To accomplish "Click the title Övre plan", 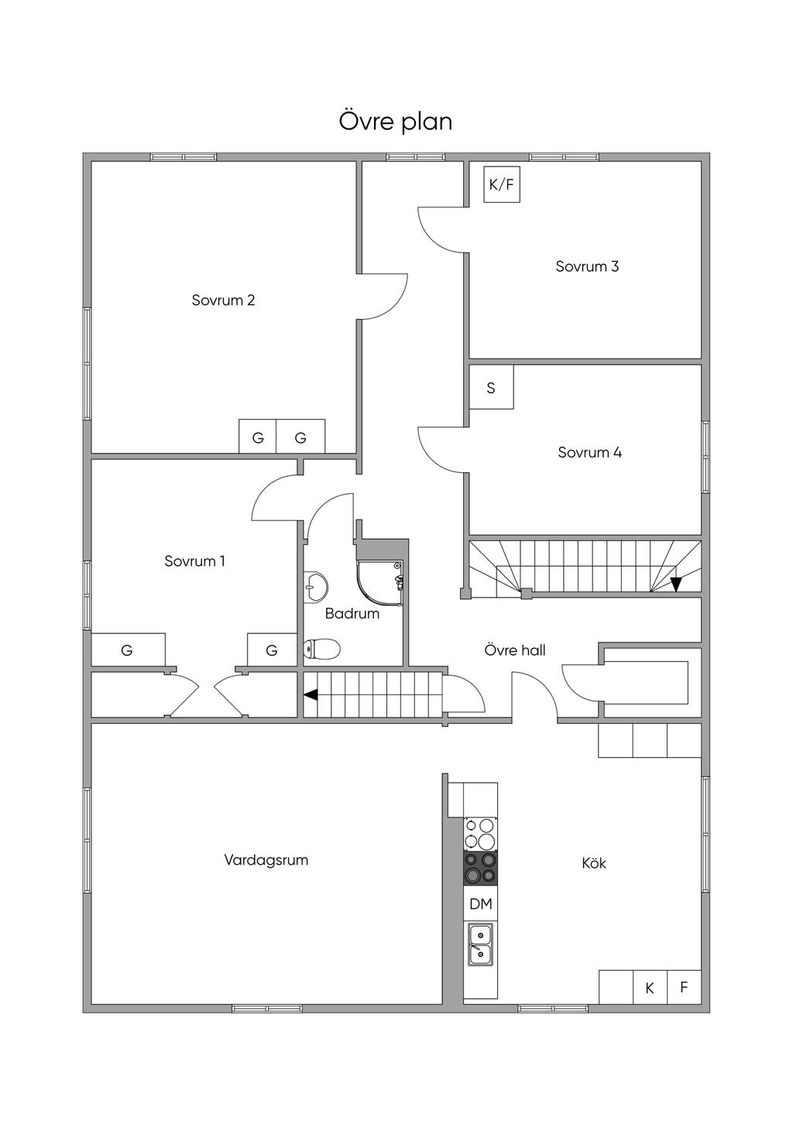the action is (396, 122).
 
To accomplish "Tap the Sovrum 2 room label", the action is (223, 300).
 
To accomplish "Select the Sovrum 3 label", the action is (587, 266).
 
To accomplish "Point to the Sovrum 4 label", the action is (590, 452).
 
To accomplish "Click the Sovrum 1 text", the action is (194, 561).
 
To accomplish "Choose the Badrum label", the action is (352, 614).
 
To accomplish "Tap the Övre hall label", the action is (515, 650).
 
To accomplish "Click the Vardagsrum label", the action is (266, 860).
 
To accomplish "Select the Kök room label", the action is (594, 862).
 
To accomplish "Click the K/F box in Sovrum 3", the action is (502, 185).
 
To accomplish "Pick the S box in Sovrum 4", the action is (491, 387).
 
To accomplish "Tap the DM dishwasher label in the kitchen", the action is (481, 903).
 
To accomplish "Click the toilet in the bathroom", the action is (322, 649).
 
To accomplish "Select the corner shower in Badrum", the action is (379, 583).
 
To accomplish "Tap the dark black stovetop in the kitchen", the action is (481, 869).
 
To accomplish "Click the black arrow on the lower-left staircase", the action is (311, 694).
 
